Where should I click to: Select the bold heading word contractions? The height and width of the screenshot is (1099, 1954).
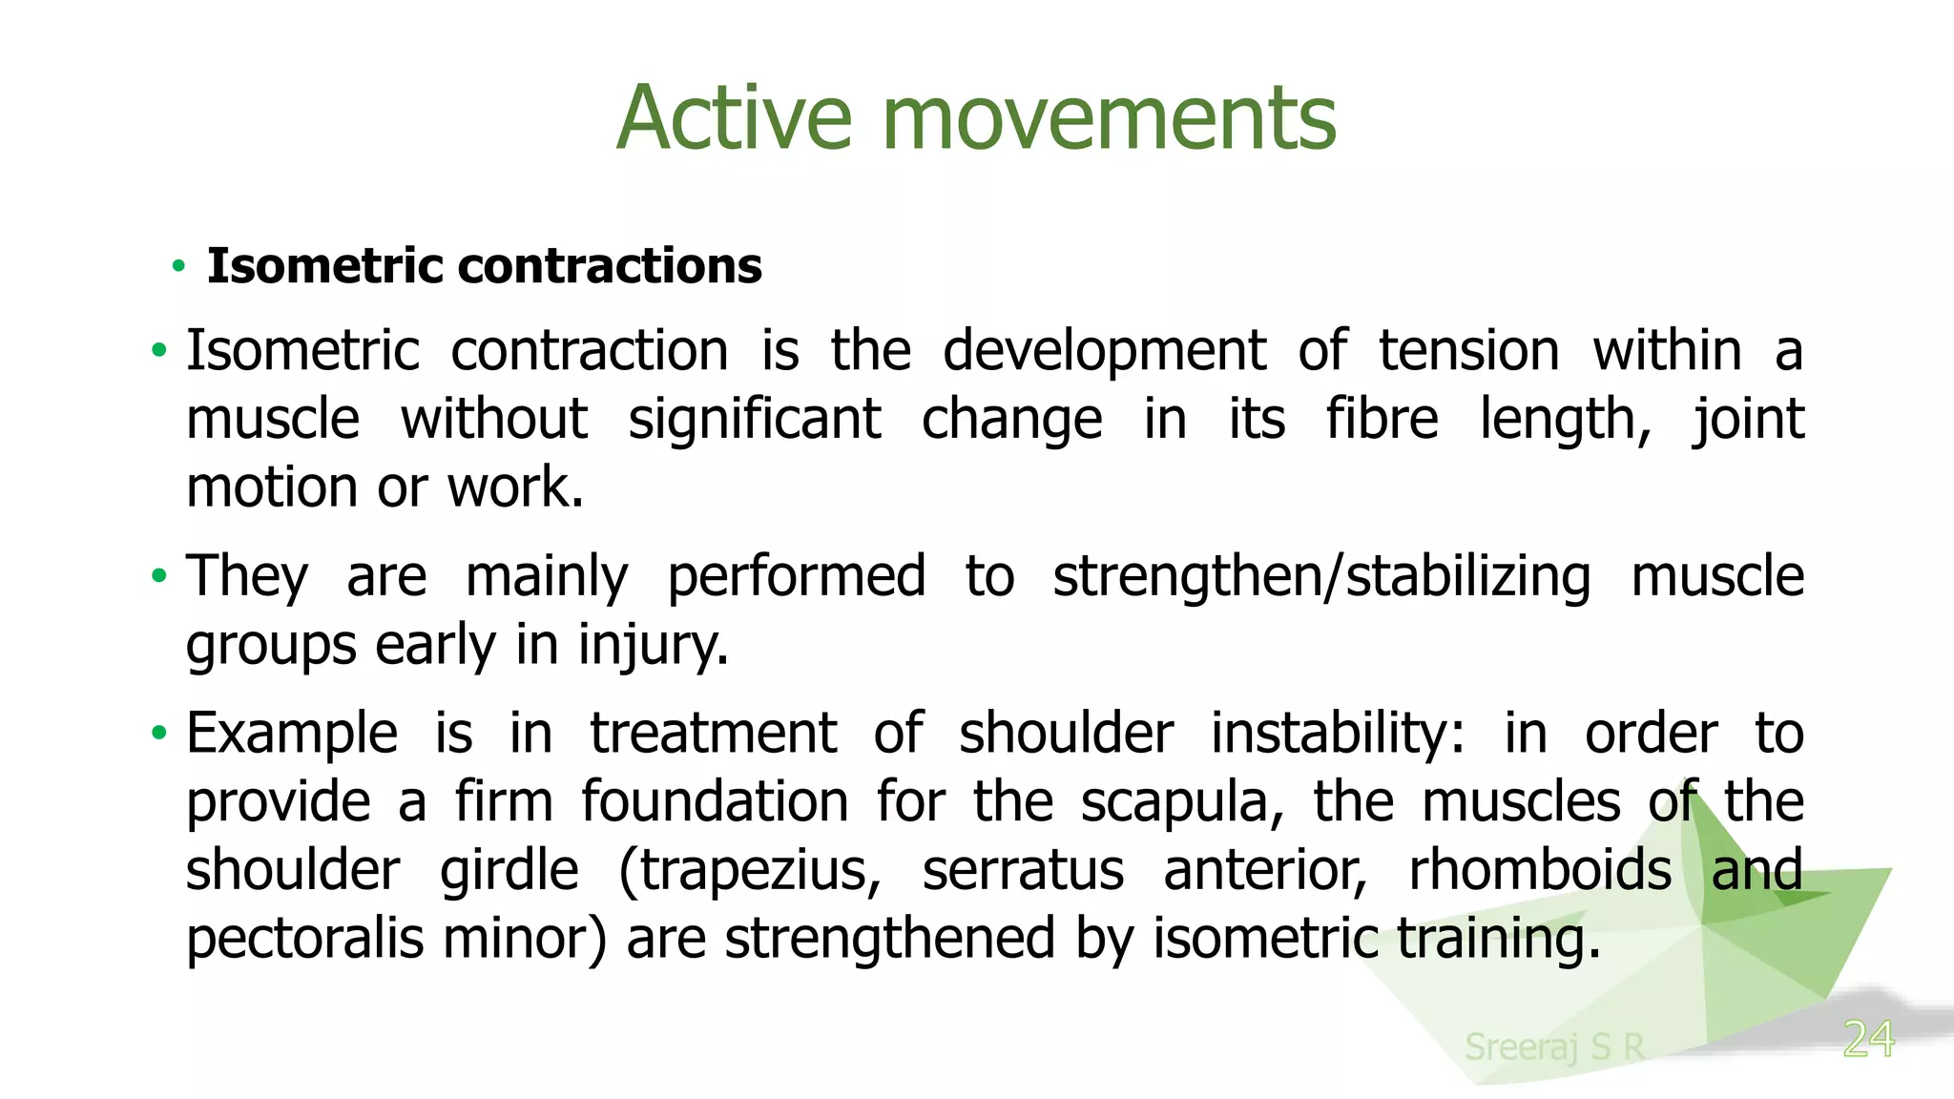tap(611, 265)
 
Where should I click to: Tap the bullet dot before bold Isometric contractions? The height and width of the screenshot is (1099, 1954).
tap(178, 266)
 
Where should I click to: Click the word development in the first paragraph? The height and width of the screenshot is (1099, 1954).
tap(1104, 351)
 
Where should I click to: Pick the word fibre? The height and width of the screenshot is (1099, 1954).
tap(1382, 420)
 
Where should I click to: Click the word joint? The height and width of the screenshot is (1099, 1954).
tap(1748, 420)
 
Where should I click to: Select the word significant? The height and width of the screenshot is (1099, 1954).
tap(754, 420)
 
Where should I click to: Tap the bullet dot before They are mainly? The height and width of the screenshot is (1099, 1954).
tap(159, 576)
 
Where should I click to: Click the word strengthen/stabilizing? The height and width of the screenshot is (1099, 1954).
tap(1321, 576)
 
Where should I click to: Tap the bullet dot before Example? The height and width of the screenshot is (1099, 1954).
tap(159, 734)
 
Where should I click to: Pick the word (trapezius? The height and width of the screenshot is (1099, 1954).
tap(750, 871)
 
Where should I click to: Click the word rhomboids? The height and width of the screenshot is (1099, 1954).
tap(1540, 871)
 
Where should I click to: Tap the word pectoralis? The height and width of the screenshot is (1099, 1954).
tap(304, 940)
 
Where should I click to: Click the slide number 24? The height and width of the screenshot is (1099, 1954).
tap(1868, 1039)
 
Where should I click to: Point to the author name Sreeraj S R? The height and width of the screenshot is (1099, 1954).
tap(1554, 1047)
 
